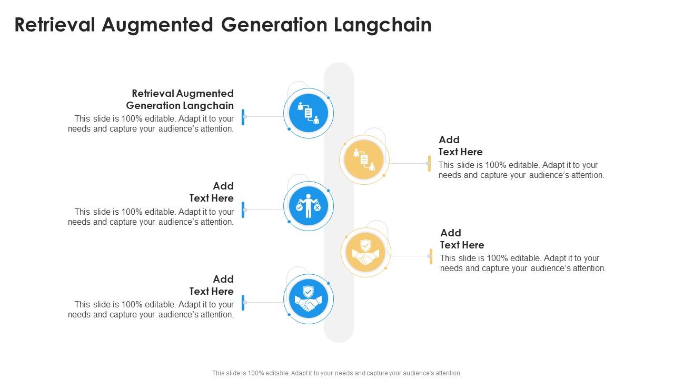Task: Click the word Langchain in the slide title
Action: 383,25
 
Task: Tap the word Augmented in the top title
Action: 157,25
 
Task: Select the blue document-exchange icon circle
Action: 309,113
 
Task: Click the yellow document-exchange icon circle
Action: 364,159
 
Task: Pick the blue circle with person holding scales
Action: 309,206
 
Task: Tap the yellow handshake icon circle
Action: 365,252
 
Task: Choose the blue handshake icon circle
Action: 309,298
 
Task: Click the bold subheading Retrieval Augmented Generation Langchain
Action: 180,99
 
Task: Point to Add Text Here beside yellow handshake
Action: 462,239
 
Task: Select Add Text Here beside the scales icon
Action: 212,192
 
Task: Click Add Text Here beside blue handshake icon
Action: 212,285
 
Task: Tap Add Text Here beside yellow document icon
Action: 460,146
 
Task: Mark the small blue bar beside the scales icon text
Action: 243,210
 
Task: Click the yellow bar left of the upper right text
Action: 429,163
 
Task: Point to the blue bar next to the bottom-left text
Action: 243,303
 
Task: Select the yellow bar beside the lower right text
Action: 431,256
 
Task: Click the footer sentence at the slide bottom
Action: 336,373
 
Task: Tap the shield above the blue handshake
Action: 308,292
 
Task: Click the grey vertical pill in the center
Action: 339,203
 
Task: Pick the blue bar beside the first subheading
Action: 243,117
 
